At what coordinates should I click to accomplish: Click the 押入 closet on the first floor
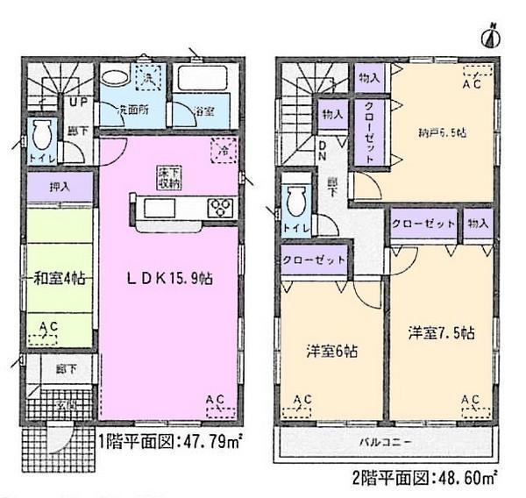[x=59, y=186]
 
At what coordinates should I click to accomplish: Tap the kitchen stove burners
[x=220, y=208]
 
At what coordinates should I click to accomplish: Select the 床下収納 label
[x=169, y=179]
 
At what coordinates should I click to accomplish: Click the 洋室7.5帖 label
[x=441, y=333]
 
